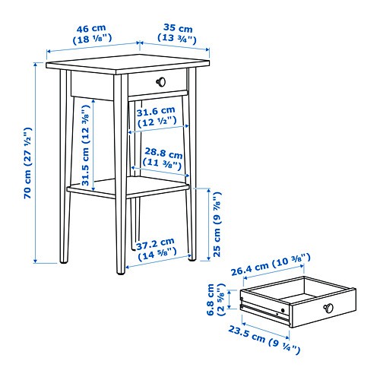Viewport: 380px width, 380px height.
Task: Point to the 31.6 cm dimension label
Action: [157, 116]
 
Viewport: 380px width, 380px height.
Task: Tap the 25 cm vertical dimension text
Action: [217, 228]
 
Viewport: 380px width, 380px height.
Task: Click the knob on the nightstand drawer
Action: [160, 81]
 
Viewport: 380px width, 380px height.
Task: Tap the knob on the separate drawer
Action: [328, 307]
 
